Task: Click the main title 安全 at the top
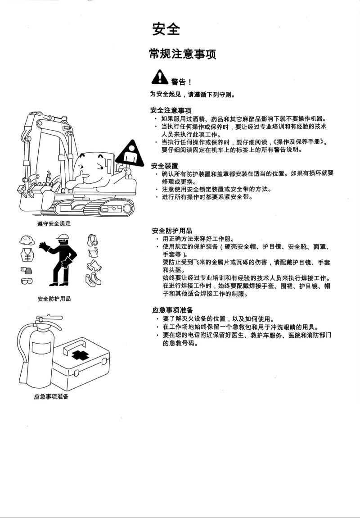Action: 166,29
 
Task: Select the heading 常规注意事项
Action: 182,54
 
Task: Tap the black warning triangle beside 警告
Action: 159,77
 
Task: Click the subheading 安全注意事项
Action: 171,110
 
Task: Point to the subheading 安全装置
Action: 165,166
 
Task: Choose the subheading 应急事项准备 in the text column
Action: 172,310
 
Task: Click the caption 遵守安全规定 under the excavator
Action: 54,223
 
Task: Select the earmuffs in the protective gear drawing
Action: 92,240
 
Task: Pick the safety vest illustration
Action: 27,255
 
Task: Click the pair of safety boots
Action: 93,280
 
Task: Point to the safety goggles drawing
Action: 27,281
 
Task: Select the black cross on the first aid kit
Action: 81,355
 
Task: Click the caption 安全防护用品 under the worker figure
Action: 54,299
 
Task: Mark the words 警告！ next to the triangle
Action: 181,82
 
